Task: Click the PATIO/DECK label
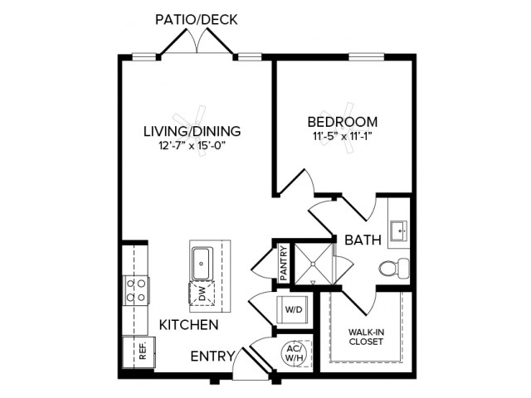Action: click(x=196, y=20)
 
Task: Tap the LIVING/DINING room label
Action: click(x=192, y=131)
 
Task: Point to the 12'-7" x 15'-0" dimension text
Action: click(x=192, y=146)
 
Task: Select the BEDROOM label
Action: click(x=343, y=122)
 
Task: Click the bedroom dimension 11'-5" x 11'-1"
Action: click(x=343, y=136)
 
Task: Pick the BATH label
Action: click(x=363, y=240)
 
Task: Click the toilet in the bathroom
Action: click(x=394, y=269)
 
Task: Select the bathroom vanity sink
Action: click(x=399, y=231)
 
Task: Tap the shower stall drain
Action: click(x=314, y=264)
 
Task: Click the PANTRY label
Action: click(x=284, y=263)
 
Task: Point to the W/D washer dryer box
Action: click(x=293, y=309)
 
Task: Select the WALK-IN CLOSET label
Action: click(x=366, y=337)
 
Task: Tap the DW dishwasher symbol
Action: click(x=202, y=294)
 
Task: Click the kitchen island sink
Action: click(x=202, y=264)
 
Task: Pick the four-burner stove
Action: click(x=136, y=290)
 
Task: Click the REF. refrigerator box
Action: click(x=139, y=352)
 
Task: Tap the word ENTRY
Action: click(x=212, y=357)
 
